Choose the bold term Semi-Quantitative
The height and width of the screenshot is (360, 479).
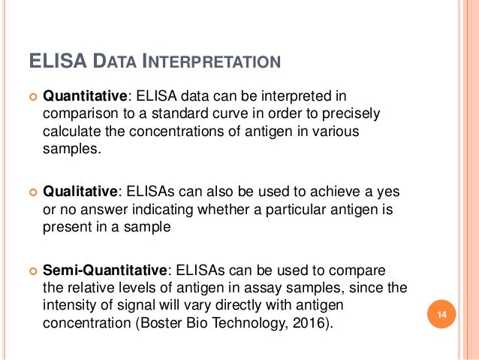coord(108,270)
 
